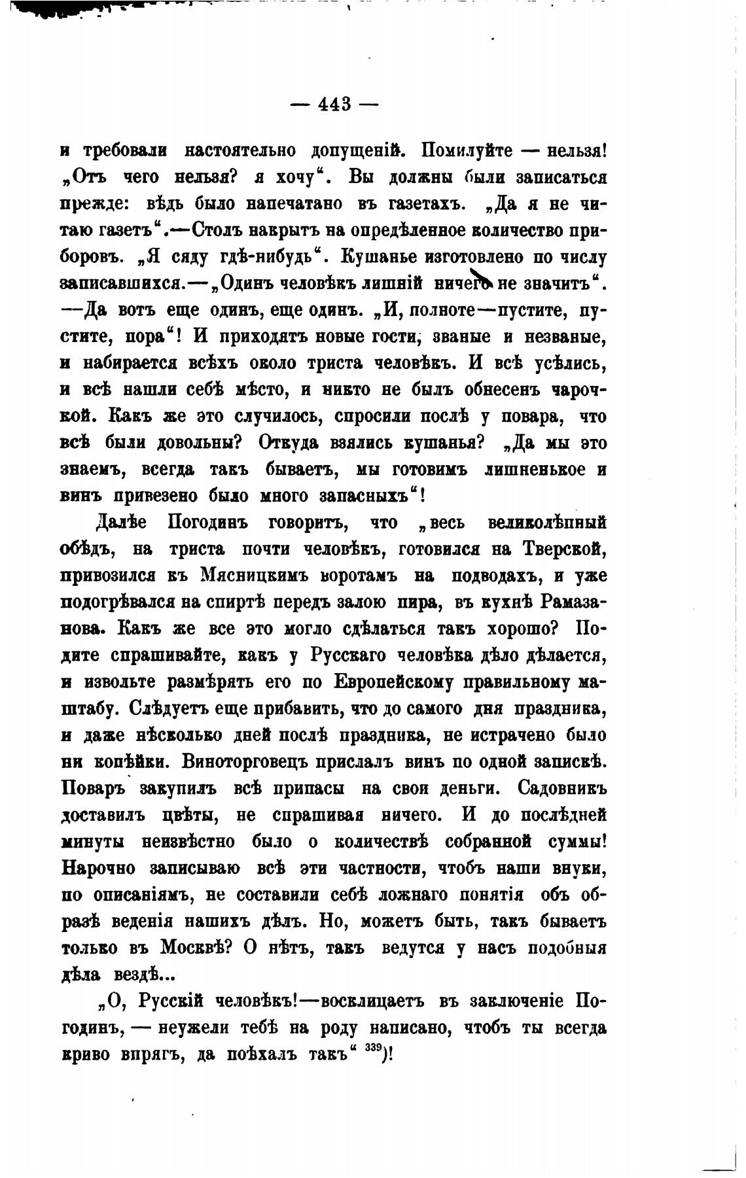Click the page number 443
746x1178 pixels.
click(334, 104)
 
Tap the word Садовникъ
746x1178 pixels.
click(563, 789)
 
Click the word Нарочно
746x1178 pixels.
click(98, 869)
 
